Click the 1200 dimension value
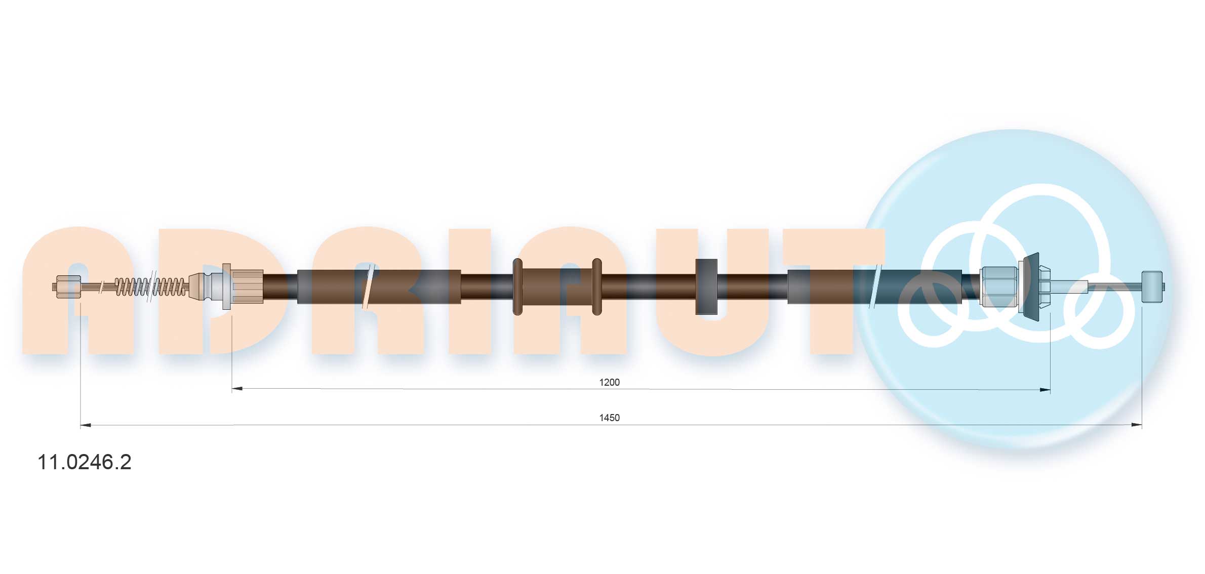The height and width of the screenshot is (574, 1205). point(609,382)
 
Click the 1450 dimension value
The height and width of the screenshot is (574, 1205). point(609,418)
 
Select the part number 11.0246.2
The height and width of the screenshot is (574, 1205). point(85,462)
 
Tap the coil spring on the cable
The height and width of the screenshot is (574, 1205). point(150,287)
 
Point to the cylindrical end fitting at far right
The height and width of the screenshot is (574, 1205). point(1152,287)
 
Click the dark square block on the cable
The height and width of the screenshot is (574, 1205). point(706,286)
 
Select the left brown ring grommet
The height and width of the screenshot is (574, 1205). point(517,286)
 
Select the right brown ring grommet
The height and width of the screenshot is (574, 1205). point(597,286)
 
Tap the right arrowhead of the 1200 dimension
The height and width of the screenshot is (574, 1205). point(1045,390)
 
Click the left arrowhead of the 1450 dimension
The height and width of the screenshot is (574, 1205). point(86,425)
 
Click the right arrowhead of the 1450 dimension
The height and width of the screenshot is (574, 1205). point(1137,425)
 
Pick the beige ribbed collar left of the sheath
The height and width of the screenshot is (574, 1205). point(248,286)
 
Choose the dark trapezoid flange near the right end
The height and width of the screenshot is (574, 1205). point(1031,286)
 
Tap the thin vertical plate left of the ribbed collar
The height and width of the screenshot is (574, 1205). point(226,286)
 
